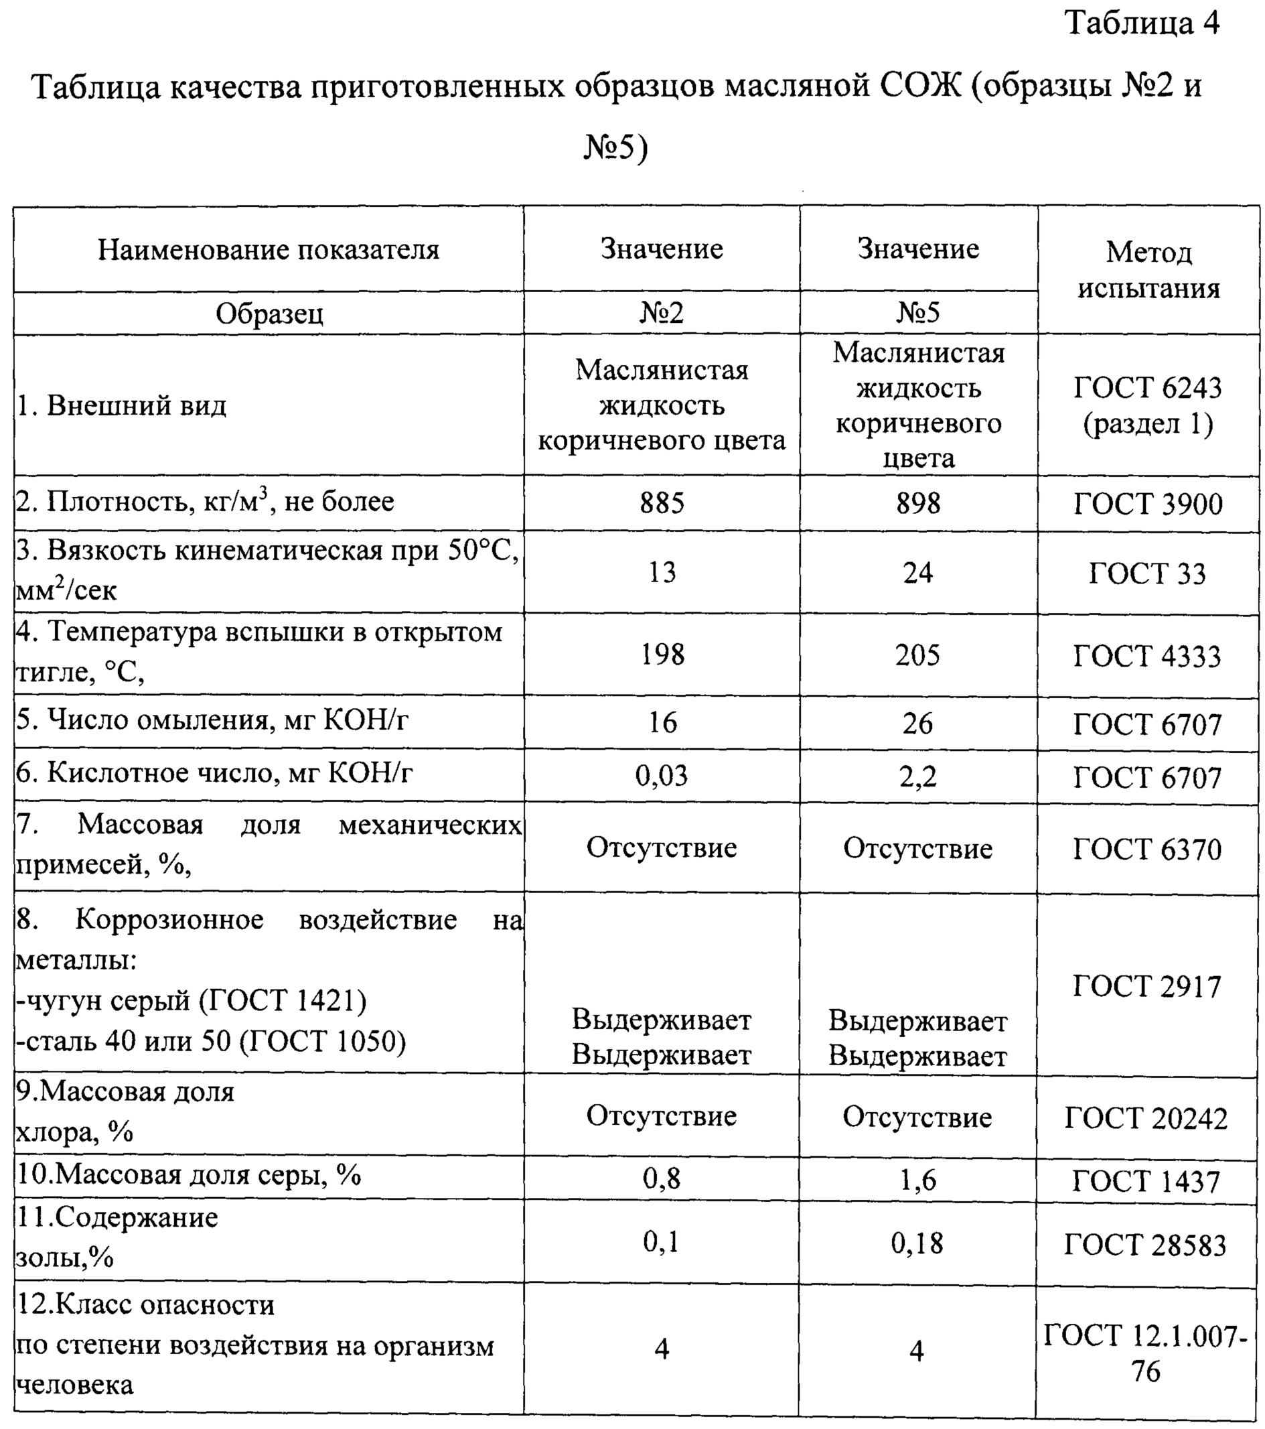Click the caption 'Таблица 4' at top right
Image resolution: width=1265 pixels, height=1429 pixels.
[1142, 23]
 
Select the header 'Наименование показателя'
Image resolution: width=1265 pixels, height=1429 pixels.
[269, 250]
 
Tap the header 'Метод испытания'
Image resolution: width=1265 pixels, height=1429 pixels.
[1148, 270]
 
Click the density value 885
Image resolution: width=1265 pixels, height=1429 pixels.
[661, 503]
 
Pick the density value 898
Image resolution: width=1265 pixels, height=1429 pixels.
[918, 503]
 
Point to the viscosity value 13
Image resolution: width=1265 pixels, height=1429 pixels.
[661, 573]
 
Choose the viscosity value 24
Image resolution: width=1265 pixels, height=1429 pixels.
[917, 573]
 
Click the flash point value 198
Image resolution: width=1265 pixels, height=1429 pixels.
[662, 655]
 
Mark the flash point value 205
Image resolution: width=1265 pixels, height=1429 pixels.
[917, 655]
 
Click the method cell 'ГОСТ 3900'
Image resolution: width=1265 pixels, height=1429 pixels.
[1148, 504]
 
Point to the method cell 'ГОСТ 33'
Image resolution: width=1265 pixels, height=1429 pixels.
[1148, 574]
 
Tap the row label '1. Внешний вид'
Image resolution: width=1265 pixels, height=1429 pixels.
[122, 405]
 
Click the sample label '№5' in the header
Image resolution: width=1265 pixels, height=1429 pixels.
[917, 312]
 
